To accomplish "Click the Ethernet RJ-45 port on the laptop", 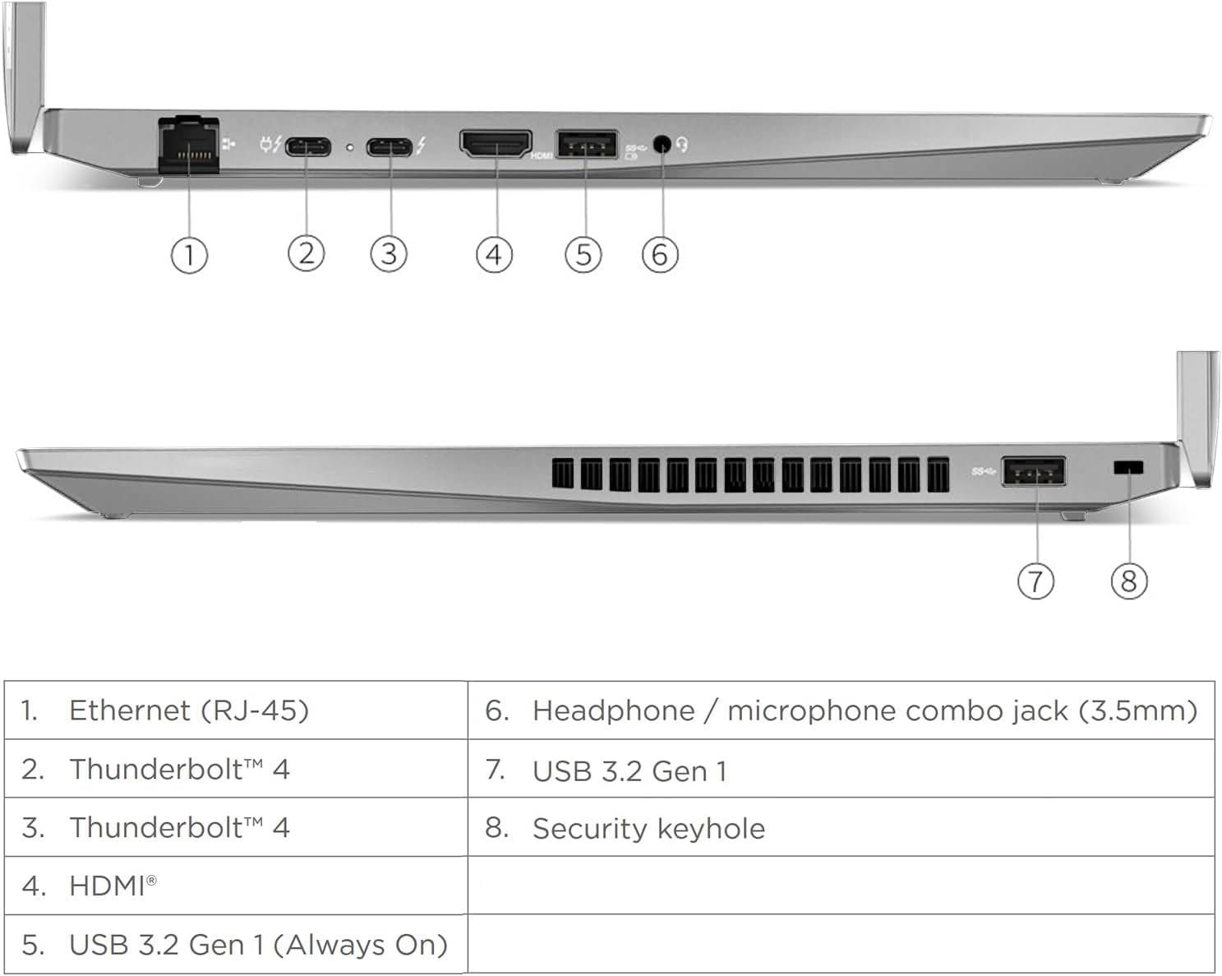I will pos(188,146).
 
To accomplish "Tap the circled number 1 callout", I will pos(189,255).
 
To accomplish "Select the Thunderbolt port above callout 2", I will pos(308,147).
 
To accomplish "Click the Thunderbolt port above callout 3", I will pos(390,147).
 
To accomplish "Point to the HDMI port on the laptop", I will pos(495,144).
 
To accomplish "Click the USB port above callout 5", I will pos(587,144).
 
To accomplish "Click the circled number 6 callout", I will pos(660,254).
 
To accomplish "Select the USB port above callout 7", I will pos(1034,472).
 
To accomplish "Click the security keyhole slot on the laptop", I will pos(1127,468).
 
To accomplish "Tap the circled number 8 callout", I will pos(1128,581).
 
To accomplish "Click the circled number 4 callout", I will pos(494,254).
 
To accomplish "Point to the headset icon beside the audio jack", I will pos(682,146).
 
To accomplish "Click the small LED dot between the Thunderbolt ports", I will pos(350,147).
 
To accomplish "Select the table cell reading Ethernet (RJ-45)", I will pos(188,710).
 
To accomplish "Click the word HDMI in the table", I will pos(107,886).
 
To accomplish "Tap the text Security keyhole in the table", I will pos(648,828).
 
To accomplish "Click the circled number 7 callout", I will pos(1035,581).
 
